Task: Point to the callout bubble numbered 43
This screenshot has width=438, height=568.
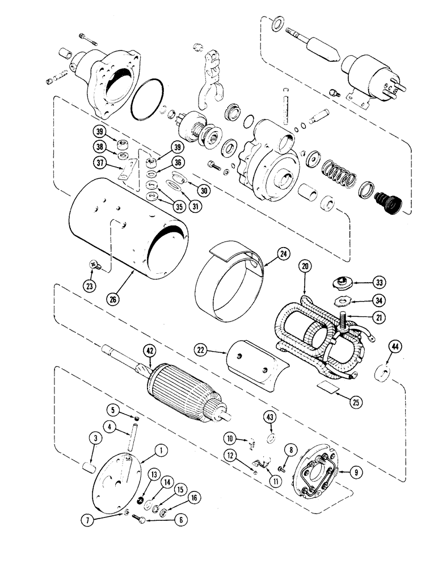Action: click(x=268, y=418)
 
